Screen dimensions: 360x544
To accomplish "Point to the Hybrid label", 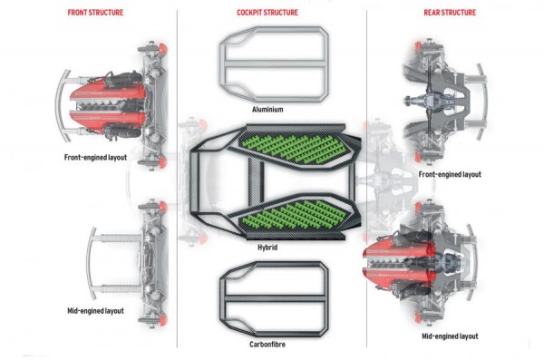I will coord(268,248).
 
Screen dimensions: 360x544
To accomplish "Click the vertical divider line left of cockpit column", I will coord(177,181).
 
